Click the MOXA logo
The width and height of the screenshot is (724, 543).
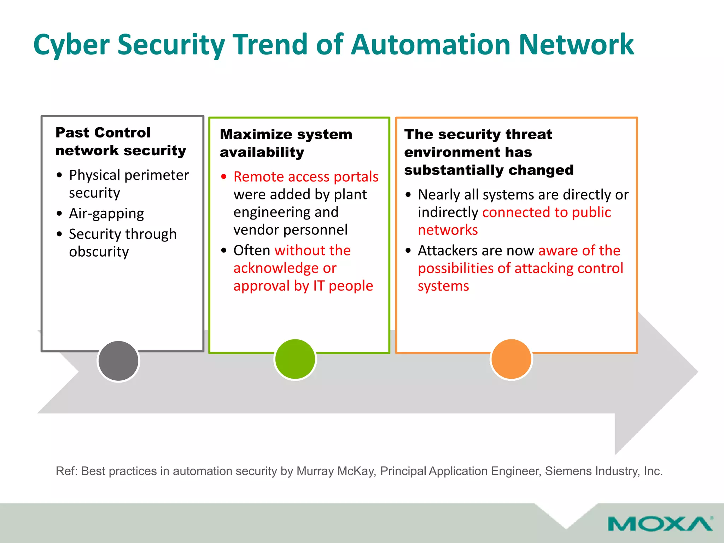(660, 524)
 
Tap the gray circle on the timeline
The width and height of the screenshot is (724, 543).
(118, 361)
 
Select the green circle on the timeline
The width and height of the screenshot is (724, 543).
(295, 359)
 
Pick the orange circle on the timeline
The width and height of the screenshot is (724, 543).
(511, 359)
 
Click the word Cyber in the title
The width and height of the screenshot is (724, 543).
(71, 45)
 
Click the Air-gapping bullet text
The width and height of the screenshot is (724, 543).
(106, 214)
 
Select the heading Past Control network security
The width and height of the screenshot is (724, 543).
(120, 141)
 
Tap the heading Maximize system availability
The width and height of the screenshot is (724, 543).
(286, 143)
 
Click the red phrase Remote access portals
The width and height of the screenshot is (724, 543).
(306, 177)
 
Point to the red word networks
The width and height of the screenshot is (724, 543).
(448, 230)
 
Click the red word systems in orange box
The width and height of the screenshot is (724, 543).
(443, 286)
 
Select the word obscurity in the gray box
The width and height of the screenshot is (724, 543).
(99, 252)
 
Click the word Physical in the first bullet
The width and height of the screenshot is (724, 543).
(94, 175)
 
